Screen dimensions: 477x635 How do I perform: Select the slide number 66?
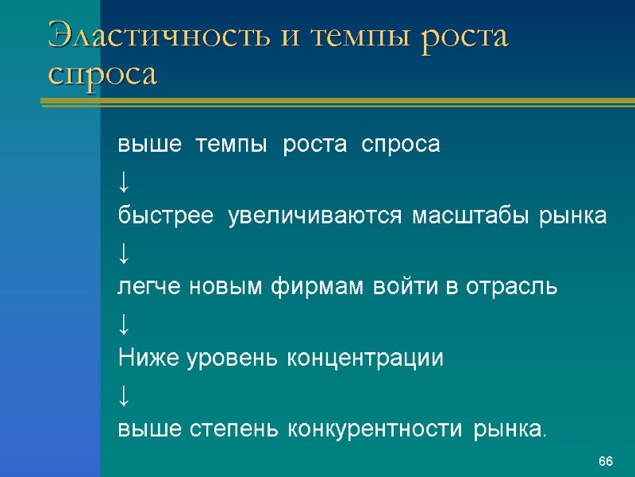pyautogui.click(x=606, y=462)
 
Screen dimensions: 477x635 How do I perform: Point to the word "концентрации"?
pyautogui.click(x=365, y=359)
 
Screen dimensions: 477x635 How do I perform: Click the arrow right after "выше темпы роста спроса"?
pyautogui.click(x=123, y=182)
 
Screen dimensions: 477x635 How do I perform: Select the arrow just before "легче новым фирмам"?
pyautogui.click(x=123, y=253)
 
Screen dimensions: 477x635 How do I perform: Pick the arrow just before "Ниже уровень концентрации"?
pyautogui.click(x=123, y=324)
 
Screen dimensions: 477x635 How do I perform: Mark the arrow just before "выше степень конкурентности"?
pyautogui.click(x=123, y=395)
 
